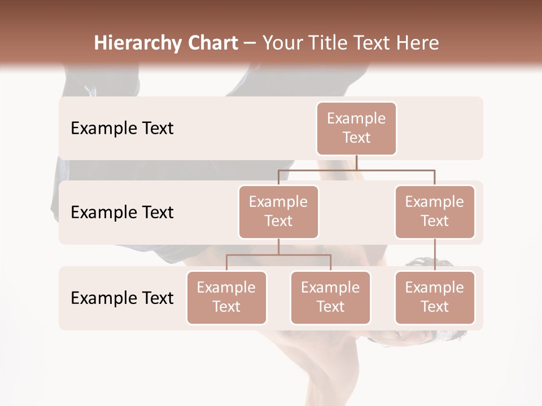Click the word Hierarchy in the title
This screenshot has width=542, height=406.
pyautogui.click(x=131, y=43)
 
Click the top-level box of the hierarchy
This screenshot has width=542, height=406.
pyautogui.click(x=356, y=128)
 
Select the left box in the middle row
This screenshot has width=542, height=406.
pyautogui.click(x=278, y=211)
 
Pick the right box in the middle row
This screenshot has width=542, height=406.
pyautogui.click(x=435, y=211)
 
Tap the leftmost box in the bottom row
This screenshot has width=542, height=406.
pyautogui.click(x=226, y=297)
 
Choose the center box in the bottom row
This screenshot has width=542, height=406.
pyautogui.click(x=330, y=297)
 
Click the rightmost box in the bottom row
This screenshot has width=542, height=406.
pyautogui.click(x=435, y=297)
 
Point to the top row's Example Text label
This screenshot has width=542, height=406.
pyautogui.click(x=122, y=129)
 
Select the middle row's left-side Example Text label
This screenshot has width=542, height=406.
pyautogui.click(x=122, y=213)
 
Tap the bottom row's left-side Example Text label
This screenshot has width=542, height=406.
pyautogui.click(x=122, y=298)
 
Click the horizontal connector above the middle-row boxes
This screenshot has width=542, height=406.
pyautogui.click(x=316, y=169)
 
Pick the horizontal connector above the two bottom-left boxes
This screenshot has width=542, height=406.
pyautogui.click(x=254, y=255)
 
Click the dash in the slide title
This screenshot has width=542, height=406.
pyautogui.click(x=250, y=43)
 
